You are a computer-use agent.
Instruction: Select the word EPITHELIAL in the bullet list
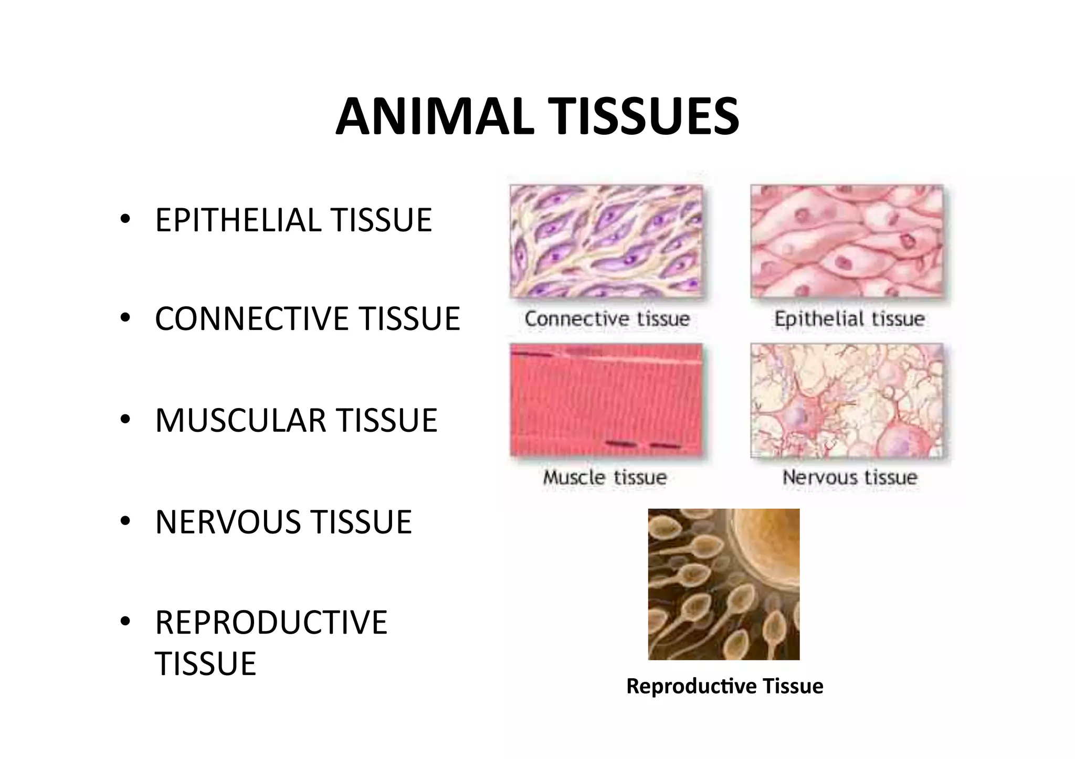(x=238, y=220)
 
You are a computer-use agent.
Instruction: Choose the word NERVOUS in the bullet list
(x=229, y=522)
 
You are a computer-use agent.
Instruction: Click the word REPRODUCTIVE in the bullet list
(x=271, y=623)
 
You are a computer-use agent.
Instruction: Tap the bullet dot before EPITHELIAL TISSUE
(x=124, y=219)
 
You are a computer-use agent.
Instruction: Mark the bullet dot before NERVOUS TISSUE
(x=124, y=521)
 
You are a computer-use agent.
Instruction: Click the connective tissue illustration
(x=606, y=241)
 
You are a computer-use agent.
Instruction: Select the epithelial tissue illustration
(x=847, y=241)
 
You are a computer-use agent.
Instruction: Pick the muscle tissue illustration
(x=606, y=400)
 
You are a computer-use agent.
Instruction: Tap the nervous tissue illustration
(x=847, y=400)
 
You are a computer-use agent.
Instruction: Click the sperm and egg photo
(x=723, y=584)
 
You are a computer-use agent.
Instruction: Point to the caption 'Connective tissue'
(x=607, y=319)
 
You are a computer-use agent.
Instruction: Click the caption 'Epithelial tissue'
(x=849, y=319)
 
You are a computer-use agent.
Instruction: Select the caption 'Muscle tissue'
(x=605, y=477)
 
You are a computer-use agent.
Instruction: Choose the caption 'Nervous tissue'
(x=850, y=477)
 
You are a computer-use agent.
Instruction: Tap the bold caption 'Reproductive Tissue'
(x=724, y=686)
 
